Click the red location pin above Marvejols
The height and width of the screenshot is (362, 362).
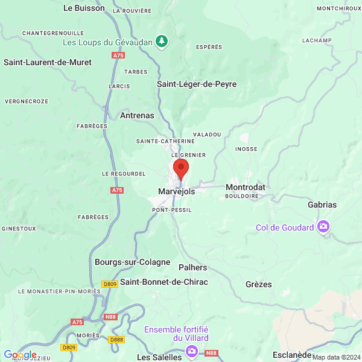[x=181, y=168]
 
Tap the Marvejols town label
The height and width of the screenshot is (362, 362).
[x=176, y=191]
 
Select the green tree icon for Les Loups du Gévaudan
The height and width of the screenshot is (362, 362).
[x=161, y=41]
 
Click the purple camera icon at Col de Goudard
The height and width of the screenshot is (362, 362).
[x=323, y=227]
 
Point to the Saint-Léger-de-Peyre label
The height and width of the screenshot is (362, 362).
[x=197, y=84]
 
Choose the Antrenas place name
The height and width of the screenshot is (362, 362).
[x=137, y=115]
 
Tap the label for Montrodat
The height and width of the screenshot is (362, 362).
[x=245, y=188]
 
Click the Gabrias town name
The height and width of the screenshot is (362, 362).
[x=322, y=205]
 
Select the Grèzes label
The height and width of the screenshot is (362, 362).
[x=258, y=284]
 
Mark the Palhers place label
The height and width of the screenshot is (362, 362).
[x=192, y=267]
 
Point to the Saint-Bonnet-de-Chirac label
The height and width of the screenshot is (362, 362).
[x=164, y=282]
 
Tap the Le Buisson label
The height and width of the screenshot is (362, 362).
[x=84, y=8]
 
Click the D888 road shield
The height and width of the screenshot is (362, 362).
[x=116, y=340]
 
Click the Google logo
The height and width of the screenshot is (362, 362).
[x=20, y=355]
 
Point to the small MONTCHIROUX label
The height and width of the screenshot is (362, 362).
[x=338, y=8]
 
